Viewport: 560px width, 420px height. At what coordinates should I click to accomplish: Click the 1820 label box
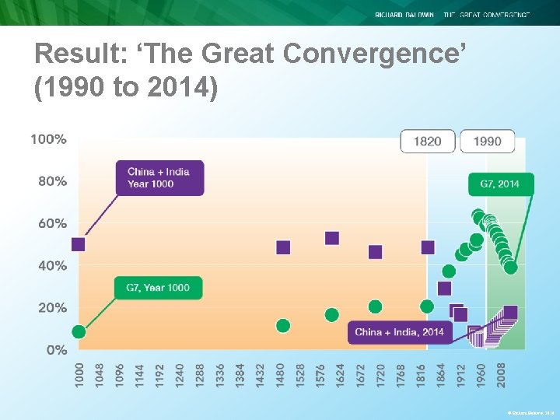tap(427, 141)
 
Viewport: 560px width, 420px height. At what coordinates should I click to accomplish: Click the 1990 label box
tap(487, 141)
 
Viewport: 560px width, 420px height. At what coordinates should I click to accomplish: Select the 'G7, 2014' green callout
tap(501, 184)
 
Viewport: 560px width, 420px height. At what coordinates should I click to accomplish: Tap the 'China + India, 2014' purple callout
tap(399, 332)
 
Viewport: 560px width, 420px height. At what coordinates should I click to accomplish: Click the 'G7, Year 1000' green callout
tap(158, 288)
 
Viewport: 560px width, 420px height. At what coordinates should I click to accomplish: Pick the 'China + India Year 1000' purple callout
tap(159, 177)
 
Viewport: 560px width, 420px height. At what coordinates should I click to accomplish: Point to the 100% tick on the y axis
tap(48, 139)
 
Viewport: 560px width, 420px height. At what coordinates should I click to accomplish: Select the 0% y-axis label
tap(56, 350)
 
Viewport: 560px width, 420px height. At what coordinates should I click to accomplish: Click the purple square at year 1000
tap(79, 244)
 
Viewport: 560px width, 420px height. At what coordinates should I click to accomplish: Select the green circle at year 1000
tap(79, 331)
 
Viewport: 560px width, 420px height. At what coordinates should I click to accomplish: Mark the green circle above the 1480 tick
tap(283, 325)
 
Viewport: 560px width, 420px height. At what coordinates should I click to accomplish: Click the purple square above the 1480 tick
tap(283, 247)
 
